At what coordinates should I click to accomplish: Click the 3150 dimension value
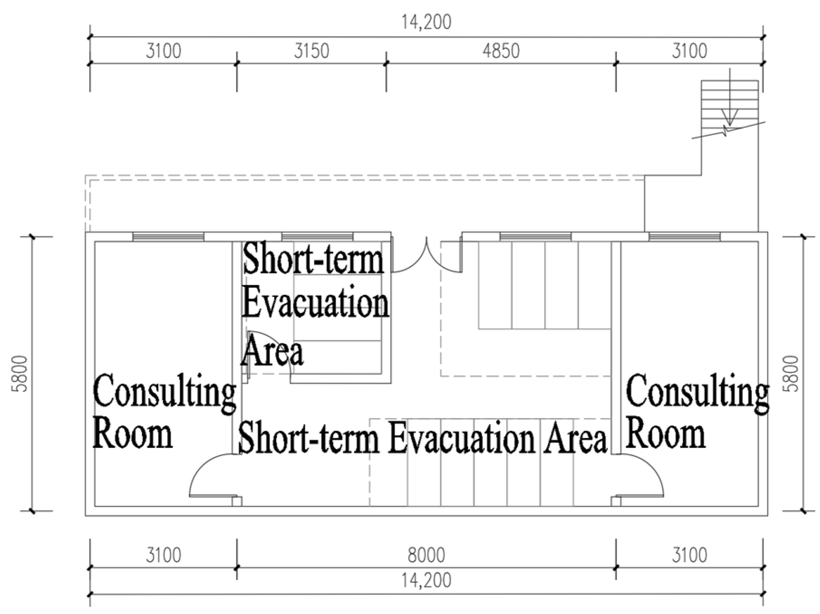point(311,51)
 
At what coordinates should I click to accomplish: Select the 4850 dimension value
point(501,51)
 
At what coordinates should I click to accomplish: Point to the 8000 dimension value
point(426,555)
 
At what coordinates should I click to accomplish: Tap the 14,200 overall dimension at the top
point(426,22)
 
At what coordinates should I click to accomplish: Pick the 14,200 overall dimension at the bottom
point(426,580)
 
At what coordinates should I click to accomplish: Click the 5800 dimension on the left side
point(21,374)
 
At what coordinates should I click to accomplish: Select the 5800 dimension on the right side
point(791,374)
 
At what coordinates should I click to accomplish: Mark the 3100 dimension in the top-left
point(164,51)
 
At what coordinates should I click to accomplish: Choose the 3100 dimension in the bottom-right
point(689,555)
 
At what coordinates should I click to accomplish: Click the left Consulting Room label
point(164,411)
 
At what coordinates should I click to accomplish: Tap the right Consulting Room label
point(697,411)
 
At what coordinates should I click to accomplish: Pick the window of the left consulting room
point(168,237)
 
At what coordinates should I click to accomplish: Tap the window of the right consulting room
point(684,237)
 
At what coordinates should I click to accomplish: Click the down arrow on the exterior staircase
point(729,97)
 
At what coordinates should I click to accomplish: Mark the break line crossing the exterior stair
point(728,130)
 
